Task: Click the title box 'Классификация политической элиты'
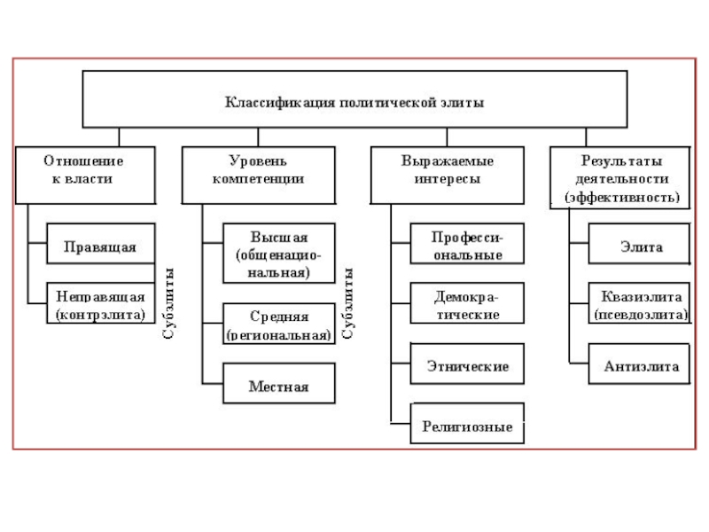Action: [x=354, y=99]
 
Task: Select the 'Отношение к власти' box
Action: [x=83, y=170]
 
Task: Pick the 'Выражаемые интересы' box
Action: [x=446, y=170]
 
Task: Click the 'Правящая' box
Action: [x=100, y=246]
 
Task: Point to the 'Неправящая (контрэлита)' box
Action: [x=100, y=303]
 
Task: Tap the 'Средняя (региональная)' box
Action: [x=278, y=325]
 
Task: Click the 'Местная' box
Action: [x=278, y=386]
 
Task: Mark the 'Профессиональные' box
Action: [x=467, y=246]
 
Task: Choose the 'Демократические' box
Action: [x=467, y=306]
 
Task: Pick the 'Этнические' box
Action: [x=467, y=365]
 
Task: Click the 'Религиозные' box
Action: [x=467, y=426]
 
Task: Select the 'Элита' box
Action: [x=641, y=246]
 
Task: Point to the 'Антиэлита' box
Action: [x=641, y=365]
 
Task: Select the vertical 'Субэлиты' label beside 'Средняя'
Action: [x=348, y=304]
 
